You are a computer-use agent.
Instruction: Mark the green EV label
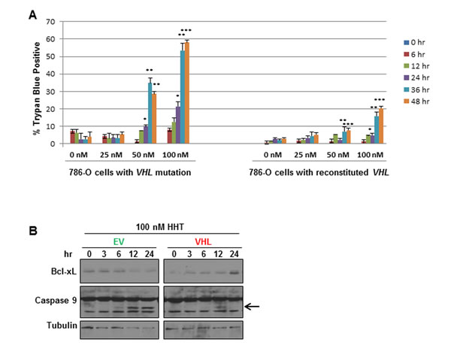point(120,242)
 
